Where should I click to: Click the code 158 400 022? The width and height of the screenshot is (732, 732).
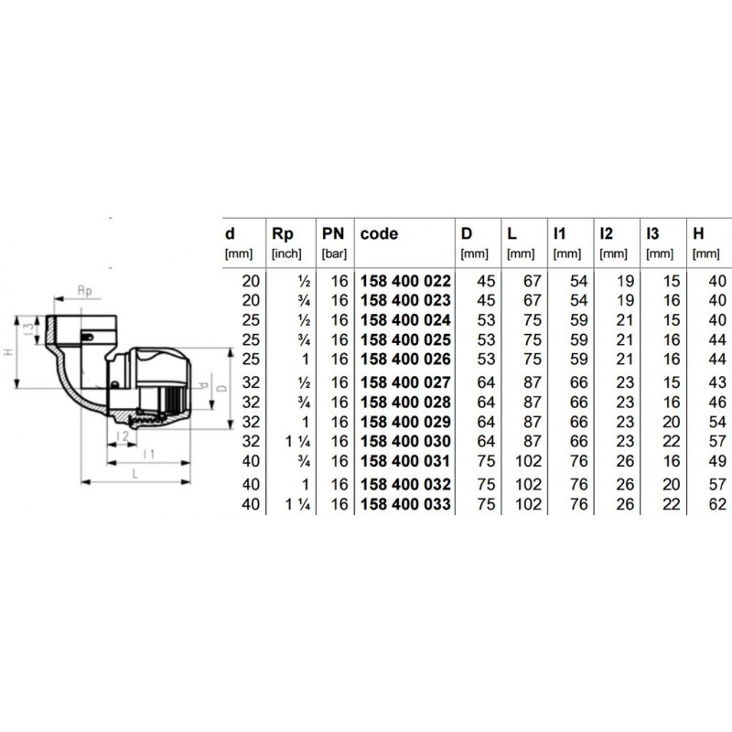pos(405,281)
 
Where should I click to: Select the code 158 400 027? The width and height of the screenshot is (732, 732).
pos(405,382)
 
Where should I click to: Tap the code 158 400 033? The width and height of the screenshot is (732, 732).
pos(405,504)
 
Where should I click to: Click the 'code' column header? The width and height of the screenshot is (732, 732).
pos(379,233)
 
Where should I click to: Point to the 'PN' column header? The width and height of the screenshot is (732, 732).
pos(333,233)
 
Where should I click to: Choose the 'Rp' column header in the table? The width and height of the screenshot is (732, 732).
pos(283,234)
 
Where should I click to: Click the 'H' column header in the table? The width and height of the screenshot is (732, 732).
pos(698,233)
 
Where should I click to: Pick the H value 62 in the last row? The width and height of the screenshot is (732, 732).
pos(717,504)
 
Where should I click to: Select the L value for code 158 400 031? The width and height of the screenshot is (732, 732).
pos(528,461)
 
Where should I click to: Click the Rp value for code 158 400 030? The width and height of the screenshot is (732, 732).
pos(298,441)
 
